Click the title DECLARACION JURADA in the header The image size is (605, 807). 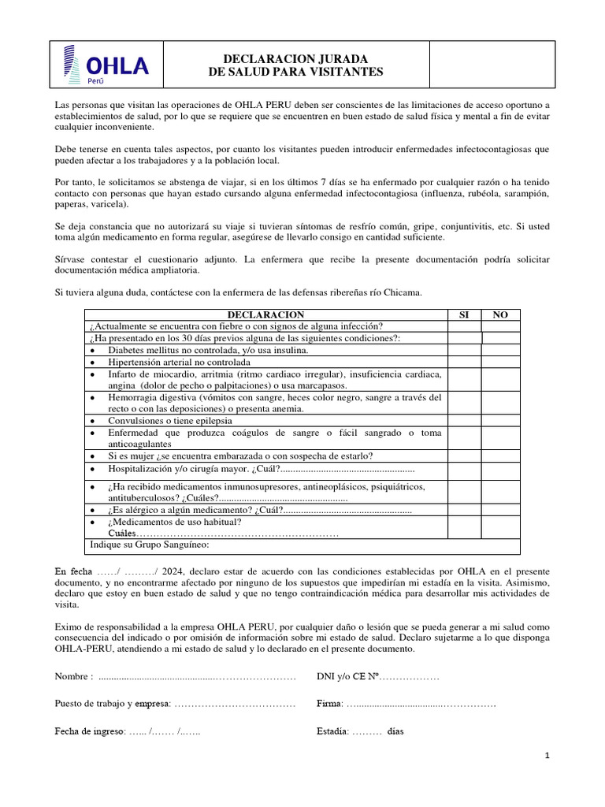(295, 58)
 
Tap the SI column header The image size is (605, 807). (463, 314)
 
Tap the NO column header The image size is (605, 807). (500, 314)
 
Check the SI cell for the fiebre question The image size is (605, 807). (463, 326)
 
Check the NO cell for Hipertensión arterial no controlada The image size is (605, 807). (500, 362)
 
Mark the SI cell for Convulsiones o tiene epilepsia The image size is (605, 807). (463, 421)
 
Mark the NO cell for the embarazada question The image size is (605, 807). (500, 456)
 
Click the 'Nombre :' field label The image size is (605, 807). (74, 677)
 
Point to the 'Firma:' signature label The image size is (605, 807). (329, 703)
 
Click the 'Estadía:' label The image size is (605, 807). (332, 731)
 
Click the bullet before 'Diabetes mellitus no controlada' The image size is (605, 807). (93, 350)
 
